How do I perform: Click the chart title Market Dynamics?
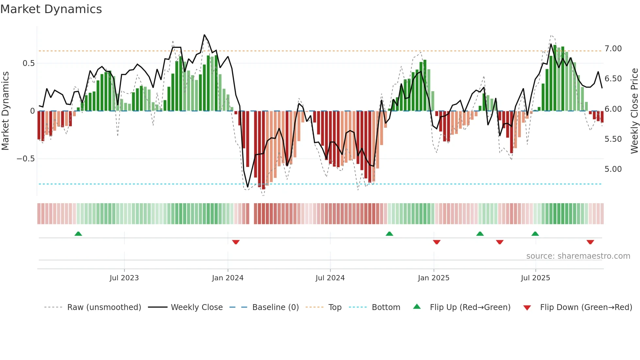[x=51, y=9]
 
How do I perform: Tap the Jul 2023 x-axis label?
[x=124, y=278]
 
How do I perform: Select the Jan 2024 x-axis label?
[x=228, y=278]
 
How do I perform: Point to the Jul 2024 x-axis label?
[x=330, y=278]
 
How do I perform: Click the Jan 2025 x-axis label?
[x=434, y=278]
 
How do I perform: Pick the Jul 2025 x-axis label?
[x=536, y=278]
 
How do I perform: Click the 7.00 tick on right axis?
[x=613, y=49]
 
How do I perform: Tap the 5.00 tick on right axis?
[x=613, y=169]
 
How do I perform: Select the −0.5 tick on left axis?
[x=25, y=159]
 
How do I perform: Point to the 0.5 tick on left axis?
[x=28, y=63]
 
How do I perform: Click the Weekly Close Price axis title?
[x=634, y=111]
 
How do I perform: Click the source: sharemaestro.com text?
[x=578, y=256]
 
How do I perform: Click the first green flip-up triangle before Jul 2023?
[x=78, y=234]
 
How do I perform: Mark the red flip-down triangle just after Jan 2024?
[x=236, y=242]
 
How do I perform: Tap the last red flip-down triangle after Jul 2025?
[x=590, y=242]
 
